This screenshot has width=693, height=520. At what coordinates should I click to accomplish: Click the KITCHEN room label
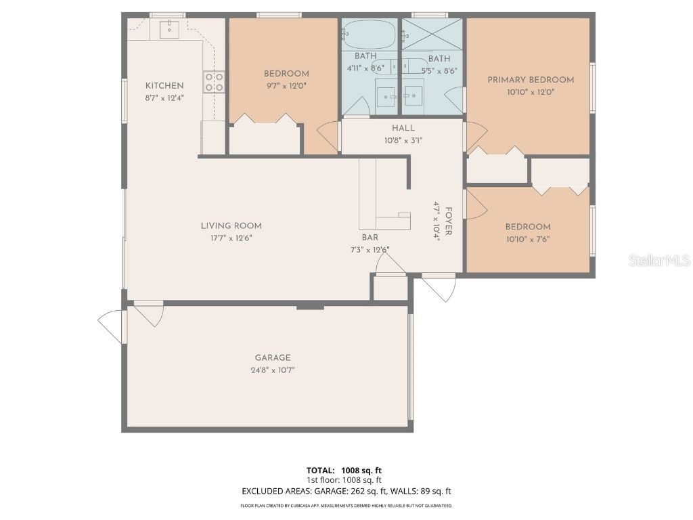pos(164,85)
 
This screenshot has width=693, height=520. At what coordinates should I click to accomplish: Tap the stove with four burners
pos(215,82)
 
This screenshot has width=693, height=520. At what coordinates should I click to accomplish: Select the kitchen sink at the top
pos(169,29)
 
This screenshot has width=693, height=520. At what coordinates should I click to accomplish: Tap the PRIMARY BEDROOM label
pos(531,80)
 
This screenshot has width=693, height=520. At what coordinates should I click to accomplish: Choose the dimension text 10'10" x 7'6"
pos(528,239)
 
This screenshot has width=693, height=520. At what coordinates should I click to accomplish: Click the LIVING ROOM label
pos(231,225)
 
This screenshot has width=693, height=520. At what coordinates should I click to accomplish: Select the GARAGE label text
pos(273,357)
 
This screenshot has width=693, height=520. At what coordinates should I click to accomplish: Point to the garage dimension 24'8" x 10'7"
pos(273,370)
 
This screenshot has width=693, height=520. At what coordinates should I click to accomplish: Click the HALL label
pos(403,128)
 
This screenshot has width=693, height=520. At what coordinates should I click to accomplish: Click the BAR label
pos(370,238)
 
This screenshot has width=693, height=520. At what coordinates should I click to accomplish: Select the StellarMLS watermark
pos(659,260)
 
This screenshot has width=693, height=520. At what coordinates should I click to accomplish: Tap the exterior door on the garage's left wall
pos(112,325)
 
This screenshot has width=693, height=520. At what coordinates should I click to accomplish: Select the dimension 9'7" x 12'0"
pos(286,86)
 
